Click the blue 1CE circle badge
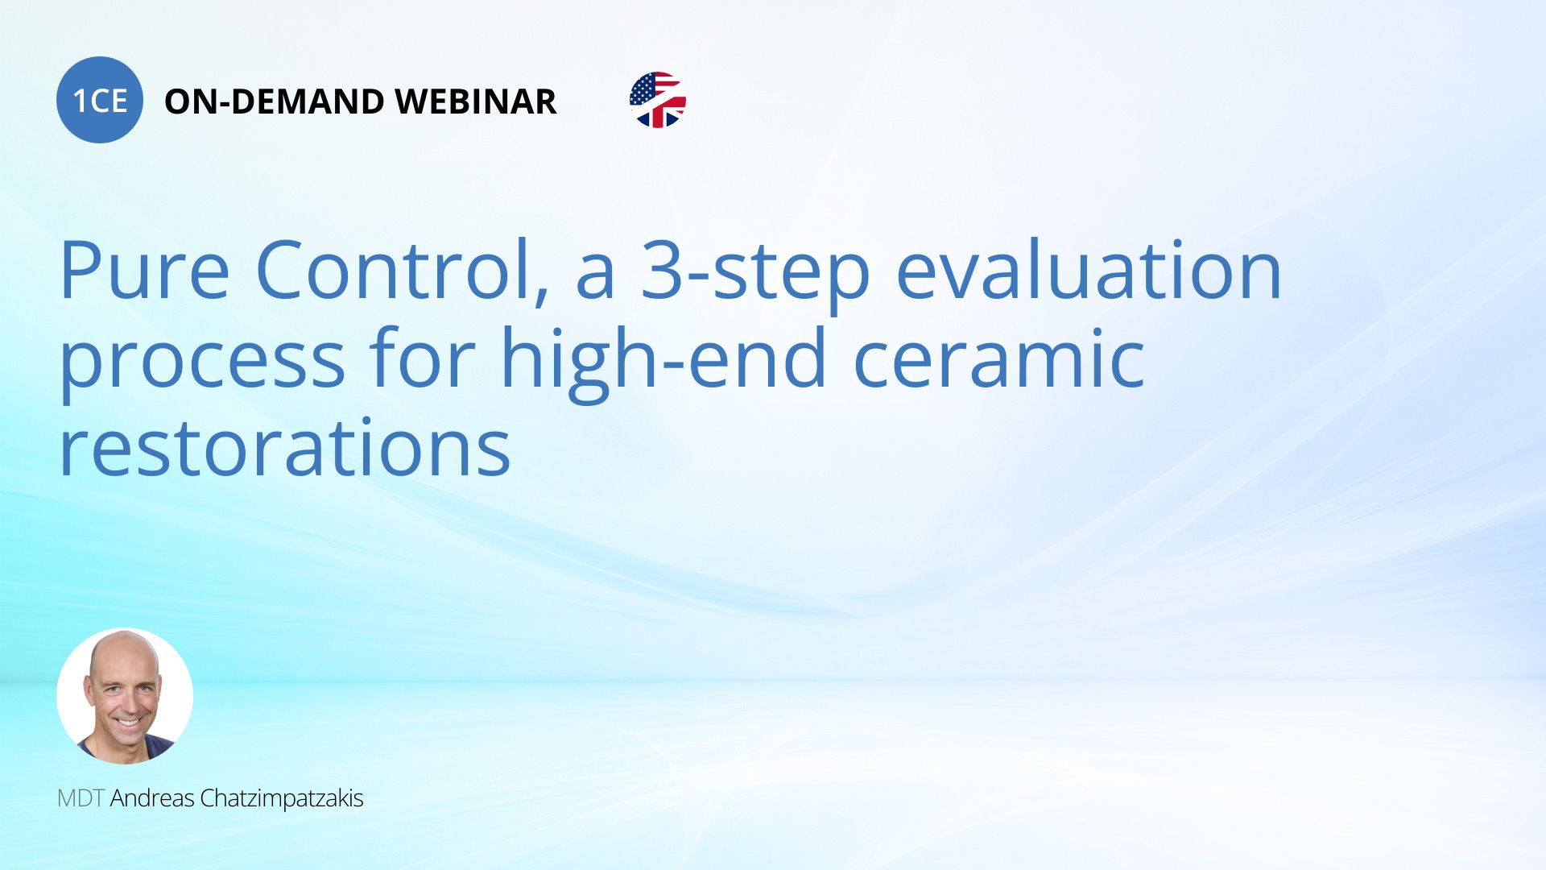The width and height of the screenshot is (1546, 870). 100,100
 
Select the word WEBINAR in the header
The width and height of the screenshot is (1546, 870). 476,101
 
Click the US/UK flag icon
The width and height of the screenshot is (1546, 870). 658,100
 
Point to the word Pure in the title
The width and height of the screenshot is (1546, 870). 145,270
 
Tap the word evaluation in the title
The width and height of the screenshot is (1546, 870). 1089,270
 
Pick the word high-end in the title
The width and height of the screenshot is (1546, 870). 663,362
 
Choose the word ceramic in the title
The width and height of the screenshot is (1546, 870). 998,358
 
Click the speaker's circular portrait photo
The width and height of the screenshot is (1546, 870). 125,696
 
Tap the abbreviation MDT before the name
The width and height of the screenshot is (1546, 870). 81,798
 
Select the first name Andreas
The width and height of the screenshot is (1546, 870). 152,798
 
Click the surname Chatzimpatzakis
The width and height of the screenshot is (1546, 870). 282,799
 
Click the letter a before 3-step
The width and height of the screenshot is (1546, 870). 596,279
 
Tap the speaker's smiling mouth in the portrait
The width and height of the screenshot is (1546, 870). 126,721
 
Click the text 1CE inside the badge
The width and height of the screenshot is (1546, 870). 100,101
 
